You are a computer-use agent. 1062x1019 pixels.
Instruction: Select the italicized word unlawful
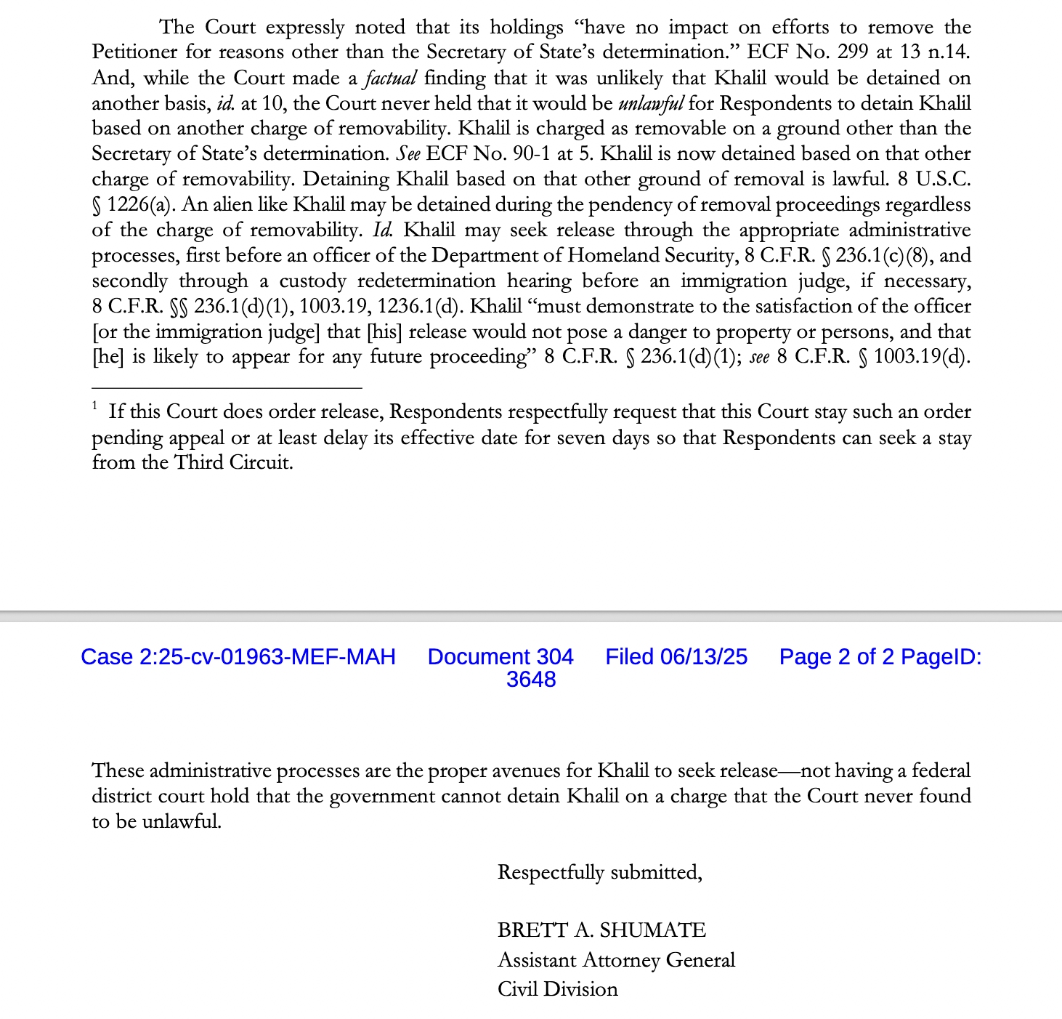(650, 103)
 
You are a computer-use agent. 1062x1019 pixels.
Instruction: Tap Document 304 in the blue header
(500, 657)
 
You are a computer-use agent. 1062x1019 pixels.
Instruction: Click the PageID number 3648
(531, 680)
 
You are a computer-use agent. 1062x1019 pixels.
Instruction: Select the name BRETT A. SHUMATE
(601, 930)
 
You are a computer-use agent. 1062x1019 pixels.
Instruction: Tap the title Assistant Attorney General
(616, 960)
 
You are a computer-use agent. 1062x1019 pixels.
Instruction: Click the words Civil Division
(557, 989)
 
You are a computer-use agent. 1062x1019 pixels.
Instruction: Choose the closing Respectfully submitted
(599, 872)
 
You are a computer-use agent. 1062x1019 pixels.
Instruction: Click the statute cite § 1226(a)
(130, 205)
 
